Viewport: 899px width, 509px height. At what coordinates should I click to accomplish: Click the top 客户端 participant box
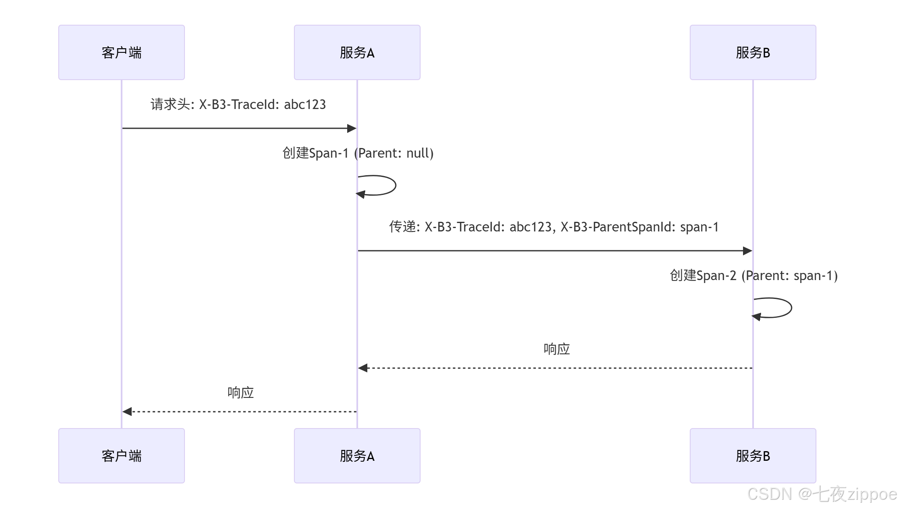pyautogui.click(x=122, y=52)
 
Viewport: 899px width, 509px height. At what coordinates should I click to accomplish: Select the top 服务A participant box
pyautogui.click(x=357, y=52)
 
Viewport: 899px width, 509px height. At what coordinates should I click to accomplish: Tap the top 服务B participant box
pyautogui.click(x=753, y=52)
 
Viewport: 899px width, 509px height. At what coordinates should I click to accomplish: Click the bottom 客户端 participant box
pyautogui.click(x=122, y=456)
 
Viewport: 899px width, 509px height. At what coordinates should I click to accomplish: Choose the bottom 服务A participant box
pyautogui.click(x=357, y=456)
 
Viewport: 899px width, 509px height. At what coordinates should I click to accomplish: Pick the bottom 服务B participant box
pyautogui.click(x=753, y=456)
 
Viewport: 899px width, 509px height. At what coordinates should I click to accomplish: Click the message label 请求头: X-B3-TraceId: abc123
pyautogui.click(x=238, y=104)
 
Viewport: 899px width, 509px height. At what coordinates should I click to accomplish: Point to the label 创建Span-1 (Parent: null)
pyautogui.click(x=358, y=153)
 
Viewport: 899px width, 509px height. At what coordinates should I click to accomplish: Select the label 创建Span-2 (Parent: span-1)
pyautogui.click(x=753, y=275)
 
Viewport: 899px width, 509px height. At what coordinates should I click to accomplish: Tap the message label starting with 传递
pyautogui.click(x=553, y=227)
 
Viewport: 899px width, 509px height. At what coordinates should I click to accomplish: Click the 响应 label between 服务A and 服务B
pyautogui.click(x=556, y=349)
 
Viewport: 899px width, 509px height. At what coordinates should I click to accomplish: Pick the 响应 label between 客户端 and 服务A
pyautogui.click(x=240, y=392)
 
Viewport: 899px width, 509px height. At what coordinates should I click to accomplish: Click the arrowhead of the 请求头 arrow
pyautogui.click(x=352, y=128)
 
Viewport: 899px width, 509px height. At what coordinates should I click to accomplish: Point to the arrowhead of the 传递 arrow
pyautogui.click(x=748, y=251)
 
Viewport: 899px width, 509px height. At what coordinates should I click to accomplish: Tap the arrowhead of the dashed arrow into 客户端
pyautogui.click(x=127, y=412)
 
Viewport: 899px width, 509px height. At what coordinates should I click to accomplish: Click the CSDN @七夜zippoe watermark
pyautogui.click(x=822, y=494)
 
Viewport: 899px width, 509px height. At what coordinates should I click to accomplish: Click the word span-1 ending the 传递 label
pyautogui.click(x=699, y=227)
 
